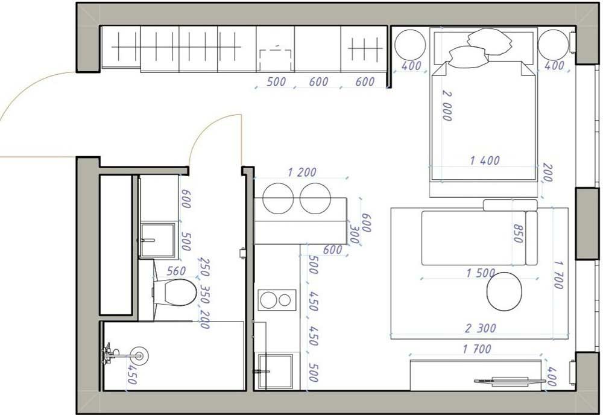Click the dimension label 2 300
click(x=481, y=328)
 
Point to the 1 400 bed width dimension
click(x=485, y=160)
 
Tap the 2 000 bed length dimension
click(x=447, y=106)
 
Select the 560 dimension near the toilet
click(x=175, y=271)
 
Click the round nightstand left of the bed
click(x=410, y=44)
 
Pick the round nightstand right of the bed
click(x=553, y=44)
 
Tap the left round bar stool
click(x=276, y=198)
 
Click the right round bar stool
click(x=315, y=198)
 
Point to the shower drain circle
click(x=139, y=355)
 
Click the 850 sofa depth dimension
click(x=517, y=230)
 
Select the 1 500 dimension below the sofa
click(x=481, y=273)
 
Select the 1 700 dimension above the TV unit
click(x=477, y=349)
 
